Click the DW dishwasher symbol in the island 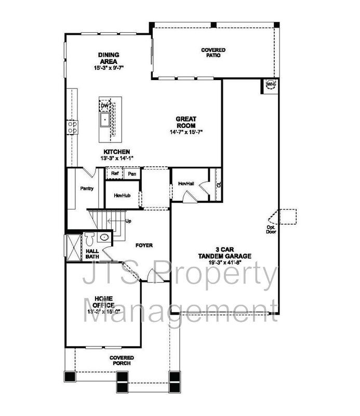click(x=104, y=106)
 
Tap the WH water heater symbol click(x=270, y=85)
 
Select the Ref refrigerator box click(x=114, y=174)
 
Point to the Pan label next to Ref click(x=132, y=174)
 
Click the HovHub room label click(x=122, y=196)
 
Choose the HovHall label click(x=185, y=184)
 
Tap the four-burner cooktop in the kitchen click(x=72, y=127)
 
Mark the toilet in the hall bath click(x=89, y=239)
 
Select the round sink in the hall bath click(x=104, y=237)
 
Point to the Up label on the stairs click(x=128, y=221)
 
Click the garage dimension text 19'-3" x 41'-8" click(x=224, y=263)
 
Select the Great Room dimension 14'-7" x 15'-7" click(x=185, y=132)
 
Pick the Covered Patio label click(x=214, y=53)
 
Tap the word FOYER click(x=144, y=244)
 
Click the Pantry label click(x=87, y=188)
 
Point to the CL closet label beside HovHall click(x=219, y=183)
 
